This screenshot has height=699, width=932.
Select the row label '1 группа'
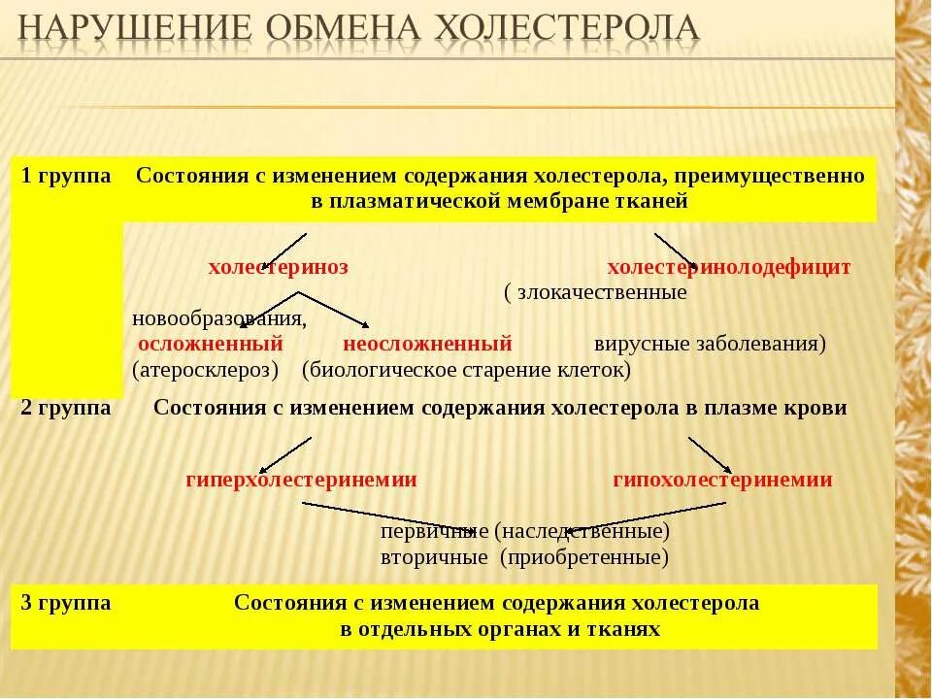coord(66,176)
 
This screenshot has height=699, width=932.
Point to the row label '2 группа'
coord(66,408)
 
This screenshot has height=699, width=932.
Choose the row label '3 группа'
coord(66,603)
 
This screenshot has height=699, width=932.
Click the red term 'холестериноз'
coord(278,267)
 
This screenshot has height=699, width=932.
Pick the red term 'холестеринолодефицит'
coord(728,267)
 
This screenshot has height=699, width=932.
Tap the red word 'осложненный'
coord(211,344)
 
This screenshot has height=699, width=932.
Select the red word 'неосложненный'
coord(427,344)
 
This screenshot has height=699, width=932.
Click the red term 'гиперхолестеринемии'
coord(301,480)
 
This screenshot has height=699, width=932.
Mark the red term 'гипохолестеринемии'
coord(722,480)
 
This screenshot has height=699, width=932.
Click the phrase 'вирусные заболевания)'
coord(710,344)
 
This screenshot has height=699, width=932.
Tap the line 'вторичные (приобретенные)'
coord(524,558)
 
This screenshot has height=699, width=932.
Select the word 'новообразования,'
coord(219,318)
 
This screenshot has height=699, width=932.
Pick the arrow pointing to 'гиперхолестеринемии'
coord(286,453)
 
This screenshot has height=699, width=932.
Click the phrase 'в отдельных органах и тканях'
coord(500,629)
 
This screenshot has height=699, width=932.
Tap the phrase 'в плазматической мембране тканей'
coord(500,201)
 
